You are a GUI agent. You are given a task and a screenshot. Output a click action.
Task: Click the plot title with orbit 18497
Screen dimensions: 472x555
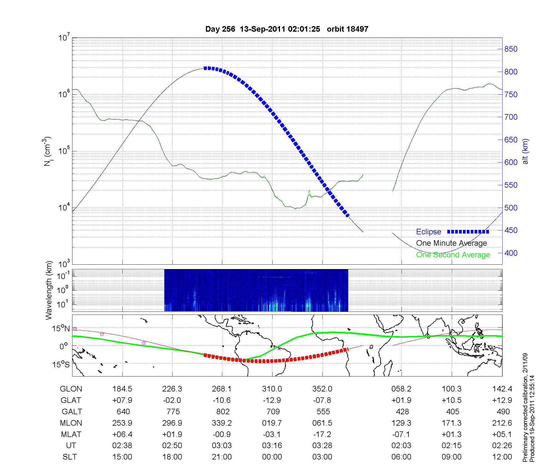point(287,29)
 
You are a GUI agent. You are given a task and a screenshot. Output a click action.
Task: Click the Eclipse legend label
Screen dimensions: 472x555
point(428,232)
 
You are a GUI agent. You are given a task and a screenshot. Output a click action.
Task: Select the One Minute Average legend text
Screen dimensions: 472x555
point(451,243)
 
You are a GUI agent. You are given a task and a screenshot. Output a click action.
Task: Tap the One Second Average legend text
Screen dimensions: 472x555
point(453,255)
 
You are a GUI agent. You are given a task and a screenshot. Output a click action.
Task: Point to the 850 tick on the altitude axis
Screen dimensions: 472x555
point(511,49)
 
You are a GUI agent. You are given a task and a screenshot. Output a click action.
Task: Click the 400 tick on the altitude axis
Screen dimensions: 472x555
point(511,253)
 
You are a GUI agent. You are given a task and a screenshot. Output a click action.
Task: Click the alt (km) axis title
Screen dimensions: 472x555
point(525,151)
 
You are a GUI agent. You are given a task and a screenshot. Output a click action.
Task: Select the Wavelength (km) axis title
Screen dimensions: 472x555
point(49,290)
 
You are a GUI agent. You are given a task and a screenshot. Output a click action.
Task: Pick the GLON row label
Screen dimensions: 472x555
point(71,389)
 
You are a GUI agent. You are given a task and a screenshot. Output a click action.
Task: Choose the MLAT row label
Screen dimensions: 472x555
point(71,434)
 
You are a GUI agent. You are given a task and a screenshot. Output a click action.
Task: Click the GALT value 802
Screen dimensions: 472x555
point(223,411)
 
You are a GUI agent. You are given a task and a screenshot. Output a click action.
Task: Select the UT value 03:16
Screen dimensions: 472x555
point(272,446)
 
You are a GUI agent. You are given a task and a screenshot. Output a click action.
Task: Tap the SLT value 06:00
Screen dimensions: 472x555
point(401,457)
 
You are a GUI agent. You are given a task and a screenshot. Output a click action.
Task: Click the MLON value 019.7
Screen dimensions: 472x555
point(272,423)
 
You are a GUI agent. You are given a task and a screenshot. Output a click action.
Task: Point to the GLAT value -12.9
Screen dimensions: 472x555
point(272,400)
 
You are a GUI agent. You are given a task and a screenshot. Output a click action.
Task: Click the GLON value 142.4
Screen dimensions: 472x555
point(502,389)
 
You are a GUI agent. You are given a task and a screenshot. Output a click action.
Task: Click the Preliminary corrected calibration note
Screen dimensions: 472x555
point(525,408)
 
